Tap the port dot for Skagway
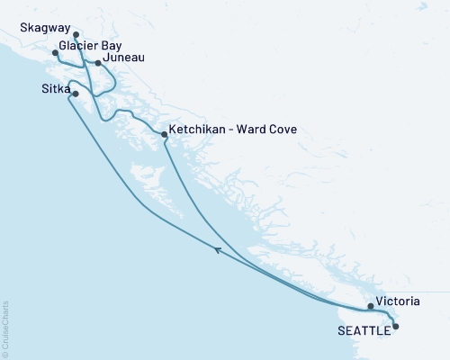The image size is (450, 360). pyautogui.click(x=76, y=35)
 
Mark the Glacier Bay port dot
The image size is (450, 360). pyautogui.click(x=56, y=53)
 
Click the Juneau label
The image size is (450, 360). pyautogui.click(x=123, y=59)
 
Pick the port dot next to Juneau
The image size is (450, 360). pyautogui.click(x=98, y=63)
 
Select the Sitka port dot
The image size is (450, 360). pyautogui.click(x=75, y=94)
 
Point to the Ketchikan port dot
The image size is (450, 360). pyautogui.click(x=163, y=134)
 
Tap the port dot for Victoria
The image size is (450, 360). pyautogui.click(x=371, y=306)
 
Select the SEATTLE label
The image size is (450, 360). pyautogui.click(x=364, y=330)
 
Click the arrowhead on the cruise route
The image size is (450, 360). pyautogui.click(x=218, y=252)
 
